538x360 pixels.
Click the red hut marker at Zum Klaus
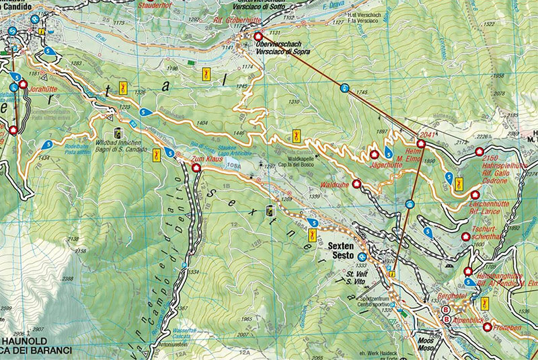click(x=196, y=169)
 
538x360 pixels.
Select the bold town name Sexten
click(x=341, y=247)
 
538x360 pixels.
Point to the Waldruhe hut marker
click(x=356, y=183)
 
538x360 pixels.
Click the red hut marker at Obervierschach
click(x=257, y=36)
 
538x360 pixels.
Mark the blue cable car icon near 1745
click(x=344, y=88)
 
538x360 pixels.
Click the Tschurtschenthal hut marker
click(x=465, y=237)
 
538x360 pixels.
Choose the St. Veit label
click(x=354, y=274)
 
